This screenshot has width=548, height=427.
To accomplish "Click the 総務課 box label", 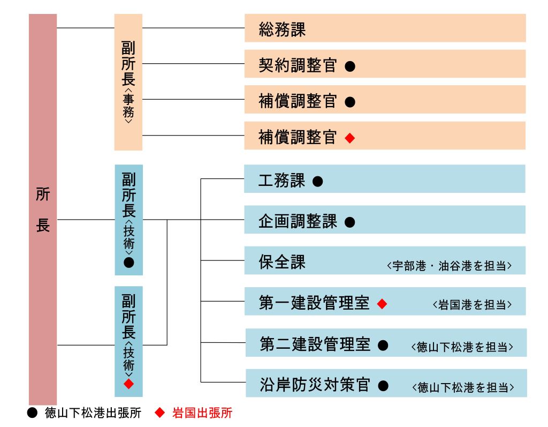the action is coord(282,29).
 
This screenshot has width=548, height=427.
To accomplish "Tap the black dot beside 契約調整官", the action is coord(350,66).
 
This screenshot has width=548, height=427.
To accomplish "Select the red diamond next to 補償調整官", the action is coord(350,138).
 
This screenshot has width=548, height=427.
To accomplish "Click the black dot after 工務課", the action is coord(318,181).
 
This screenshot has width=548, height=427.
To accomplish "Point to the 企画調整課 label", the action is coord(298,221).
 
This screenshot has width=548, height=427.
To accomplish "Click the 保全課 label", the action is coord(282,262).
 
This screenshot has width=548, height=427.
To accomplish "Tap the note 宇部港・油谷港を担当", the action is coord(450,266).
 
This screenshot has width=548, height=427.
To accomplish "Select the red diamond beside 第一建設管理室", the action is coord(382,304).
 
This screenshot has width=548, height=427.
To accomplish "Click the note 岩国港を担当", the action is coord(472,305).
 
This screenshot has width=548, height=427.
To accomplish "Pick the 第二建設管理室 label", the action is coord(315,344).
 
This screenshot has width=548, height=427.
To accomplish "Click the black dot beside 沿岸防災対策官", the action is coord(383,386).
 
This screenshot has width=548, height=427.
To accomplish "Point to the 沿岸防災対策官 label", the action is coord(315,385).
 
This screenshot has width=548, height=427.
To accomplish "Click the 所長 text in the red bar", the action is coord(43,209).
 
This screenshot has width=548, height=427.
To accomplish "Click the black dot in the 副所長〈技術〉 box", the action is coord(128,263).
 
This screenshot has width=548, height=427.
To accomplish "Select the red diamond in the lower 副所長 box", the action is coord(128,384).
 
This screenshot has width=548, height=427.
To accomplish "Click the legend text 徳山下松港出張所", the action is coord(93,413).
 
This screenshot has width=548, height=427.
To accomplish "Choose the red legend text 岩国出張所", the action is coord(202,413).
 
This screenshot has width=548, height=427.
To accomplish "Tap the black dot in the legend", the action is coord(32,413).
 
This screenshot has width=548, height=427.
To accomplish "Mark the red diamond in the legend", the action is coord(159,413).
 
